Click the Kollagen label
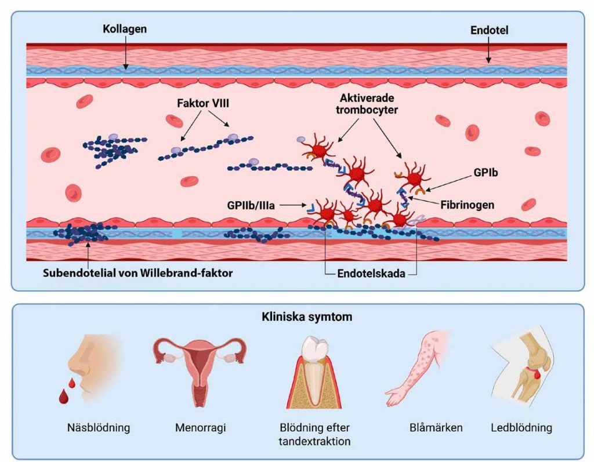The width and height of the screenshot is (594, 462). pos(124,28)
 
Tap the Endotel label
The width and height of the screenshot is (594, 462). pos(490,29)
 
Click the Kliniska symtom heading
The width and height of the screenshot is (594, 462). pos(297,318)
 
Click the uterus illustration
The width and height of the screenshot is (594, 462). pos(200,369)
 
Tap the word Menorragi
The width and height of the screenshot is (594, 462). pos(200,428)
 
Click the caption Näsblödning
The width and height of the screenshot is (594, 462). pos(97,428)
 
